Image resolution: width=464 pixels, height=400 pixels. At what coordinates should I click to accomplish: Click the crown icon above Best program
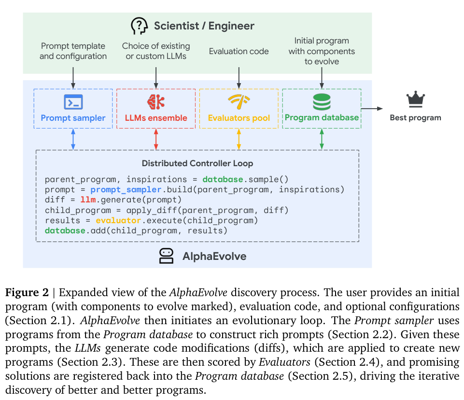415,99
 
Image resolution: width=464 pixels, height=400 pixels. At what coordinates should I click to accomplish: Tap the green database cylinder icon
322,102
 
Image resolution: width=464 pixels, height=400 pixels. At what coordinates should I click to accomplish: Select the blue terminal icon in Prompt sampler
73,102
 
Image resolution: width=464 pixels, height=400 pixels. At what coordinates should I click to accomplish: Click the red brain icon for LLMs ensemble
156,102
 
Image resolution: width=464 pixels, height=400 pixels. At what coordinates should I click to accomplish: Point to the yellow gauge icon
239,101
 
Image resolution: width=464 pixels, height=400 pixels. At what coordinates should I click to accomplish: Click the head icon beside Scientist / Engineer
139,26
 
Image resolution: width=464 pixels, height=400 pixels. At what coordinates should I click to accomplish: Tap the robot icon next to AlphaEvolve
166,256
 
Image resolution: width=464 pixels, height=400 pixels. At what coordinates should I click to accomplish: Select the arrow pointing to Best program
372,109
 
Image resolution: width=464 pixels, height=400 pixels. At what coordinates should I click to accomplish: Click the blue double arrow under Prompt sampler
73,139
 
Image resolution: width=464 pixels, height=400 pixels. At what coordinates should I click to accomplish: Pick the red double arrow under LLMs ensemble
156,139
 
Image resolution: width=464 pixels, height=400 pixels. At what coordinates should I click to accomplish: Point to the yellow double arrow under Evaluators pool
239,139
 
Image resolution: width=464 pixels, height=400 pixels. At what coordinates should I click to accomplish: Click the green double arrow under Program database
322,139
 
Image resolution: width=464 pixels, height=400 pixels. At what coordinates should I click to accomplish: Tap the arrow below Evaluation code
239,78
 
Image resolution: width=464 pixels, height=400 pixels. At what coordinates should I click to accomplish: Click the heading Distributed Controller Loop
197,163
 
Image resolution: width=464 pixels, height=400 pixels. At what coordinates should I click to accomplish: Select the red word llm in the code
88,200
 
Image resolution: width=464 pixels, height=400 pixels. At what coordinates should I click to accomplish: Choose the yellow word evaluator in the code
118,221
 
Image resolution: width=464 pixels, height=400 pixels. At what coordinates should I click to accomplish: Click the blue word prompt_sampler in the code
126,190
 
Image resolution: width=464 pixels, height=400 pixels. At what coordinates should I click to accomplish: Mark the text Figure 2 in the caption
27,293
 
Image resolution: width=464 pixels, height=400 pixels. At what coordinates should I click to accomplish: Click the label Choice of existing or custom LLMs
156,51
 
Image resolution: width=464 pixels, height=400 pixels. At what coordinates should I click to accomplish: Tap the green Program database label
322,117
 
